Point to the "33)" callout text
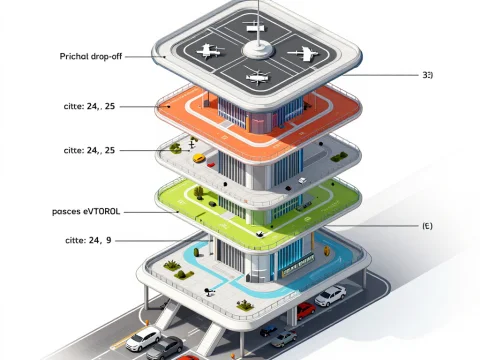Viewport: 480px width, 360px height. pyautogui.click(x=427, y=75)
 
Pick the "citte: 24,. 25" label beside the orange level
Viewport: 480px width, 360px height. pyautogui.click(x=89, y=105)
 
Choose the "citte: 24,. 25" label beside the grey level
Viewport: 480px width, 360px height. pyautogui.click(x=89, y=150)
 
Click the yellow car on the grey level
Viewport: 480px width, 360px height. pyautogui.click(x=199, y=158)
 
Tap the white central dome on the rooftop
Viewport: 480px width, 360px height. pyautogui.click(x=256, y=46)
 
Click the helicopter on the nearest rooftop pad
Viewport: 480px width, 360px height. pyautogui.click(x=256, y=75)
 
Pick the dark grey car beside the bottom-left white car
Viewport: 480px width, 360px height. pyautogui.click(x=166, y=348)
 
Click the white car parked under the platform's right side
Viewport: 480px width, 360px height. pyautogui.click(x=330, y=295)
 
